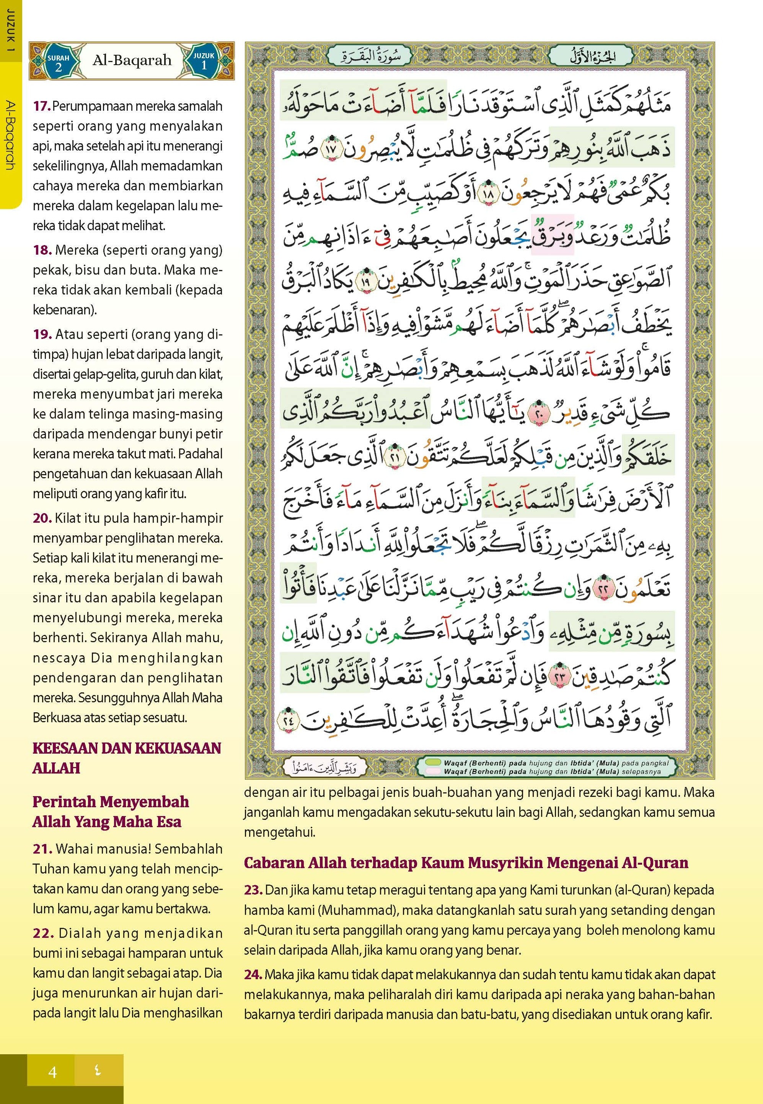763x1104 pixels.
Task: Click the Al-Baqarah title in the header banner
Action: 132,60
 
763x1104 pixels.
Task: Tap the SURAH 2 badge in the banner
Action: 58,62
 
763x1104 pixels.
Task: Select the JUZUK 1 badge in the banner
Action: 204,60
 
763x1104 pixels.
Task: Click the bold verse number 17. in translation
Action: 42,106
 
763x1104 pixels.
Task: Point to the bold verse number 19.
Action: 42,334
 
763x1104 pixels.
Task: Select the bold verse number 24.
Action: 253,974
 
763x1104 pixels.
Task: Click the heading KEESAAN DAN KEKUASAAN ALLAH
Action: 127,758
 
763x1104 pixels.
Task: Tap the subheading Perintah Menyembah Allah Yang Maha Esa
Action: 111,812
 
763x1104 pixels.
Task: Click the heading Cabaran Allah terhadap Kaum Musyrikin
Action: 466,862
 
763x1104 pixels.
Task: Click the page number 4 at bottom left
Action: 52,1072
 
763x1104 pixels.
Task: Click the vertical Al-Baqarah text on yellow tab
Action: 10,134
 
